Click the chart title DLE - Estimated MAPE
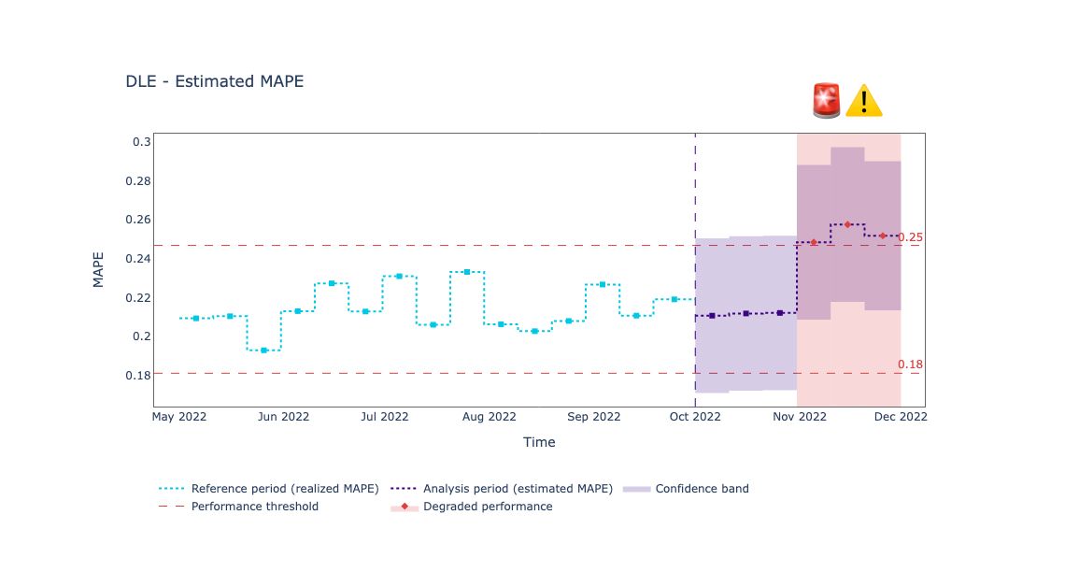pos(215,81)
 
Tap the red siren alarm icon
pos(827,100)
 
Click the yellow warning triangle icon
pos(863,101)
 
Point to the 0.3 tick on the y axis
pos(141,142)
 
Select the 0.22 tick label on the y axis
pos(137,297)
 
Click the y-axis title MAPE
pos(98,269)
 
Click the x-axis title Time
pos(539,442)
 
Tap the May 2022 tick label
pos(179,417)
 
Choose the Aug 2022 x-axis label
pos(489,417)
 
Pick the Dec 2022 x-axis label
pos(900,417)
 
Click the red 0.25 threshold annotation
pos(910,237)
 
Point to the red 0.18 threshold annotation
pos(910,365)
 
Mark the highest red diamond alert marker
pos(847,224)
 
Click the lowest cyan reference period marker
pos(264,350)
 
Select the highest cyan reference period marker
pos(467,272)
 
